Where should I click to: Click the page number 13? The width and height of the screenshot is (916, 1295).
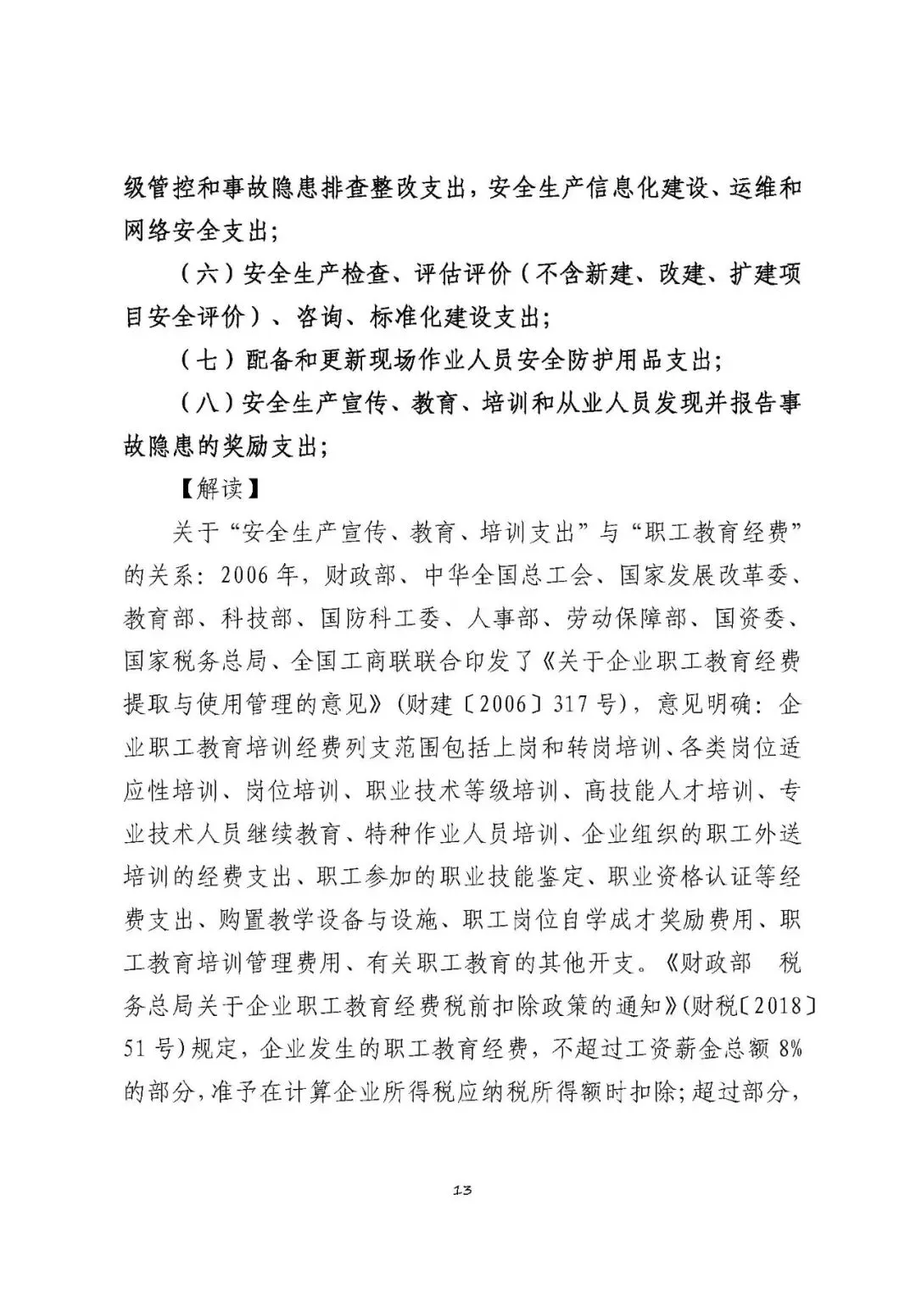[462, 1191]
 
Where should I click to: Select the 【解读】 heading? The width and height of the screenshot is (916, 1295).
[221, 488]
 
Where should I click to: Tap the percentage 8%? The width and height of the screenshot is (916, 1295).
[788, 1049]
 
